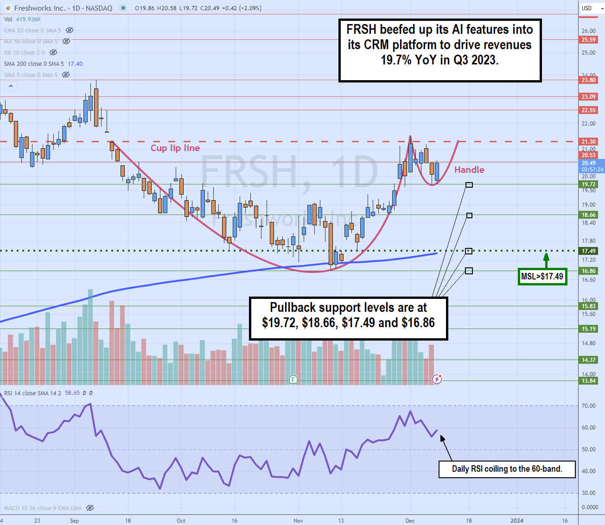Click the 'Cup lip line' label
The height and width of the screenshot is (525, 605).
[175, 148]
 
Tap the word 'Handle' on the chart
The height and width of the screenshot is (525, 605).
[469, 170]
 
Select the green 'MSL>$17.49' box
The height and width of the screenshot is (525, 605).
[542, 277]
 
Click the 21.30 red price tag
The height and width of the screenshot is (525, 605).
[589, 142]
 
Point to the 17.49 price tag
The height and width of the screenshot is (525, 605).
[589, 251]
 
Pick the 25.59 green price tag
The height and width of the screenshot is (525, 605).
[589, 40]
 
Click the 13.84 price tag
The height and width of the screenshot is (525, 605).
[589, 381]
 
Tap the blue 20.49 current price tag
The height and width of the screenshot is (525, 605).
[590, 163]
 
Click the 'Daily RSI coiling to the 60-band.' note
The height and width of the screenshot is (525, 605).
[507, 469]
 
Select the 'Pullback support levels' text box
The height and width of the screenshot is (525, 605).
[348, 319]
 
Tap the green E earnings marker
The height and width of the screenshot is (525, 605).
[293, 380]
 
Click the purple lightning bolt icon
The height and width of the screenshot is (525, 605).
[437, 380]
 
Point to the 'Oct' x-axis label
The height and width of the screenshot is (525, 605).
[181, 520]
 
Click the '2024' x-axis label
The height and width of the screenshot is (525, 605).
[516, 520]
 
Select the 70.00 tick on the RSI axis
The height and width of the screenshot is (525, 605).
[589, 406]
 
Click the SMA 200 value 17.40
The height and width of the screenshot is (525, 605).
[75, 64]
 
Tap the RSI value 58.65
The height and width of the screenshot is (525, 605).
[72, 393]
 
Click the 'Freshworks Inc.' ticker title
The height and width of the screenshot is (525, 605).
[40, 8]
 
